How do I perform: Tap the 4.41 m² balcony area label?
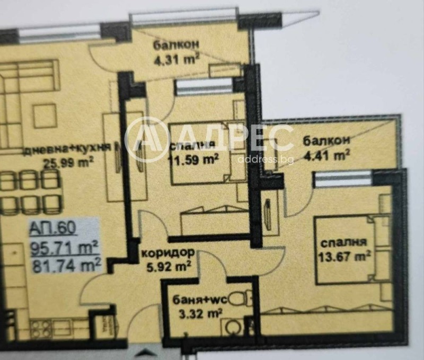pyautogui.click(x=326, y=155)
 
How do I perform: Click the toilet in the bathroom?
pyautogui.click(x=244, y=299)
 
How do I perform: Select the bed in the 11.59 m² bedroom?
pyautogui.click(x=207, y=154)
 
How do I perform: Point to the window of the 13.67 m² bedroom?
pyautogui.click(x=337, y=181)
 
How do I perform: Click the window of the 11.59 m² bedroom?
pyautogui.click(x=204, y=88)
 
